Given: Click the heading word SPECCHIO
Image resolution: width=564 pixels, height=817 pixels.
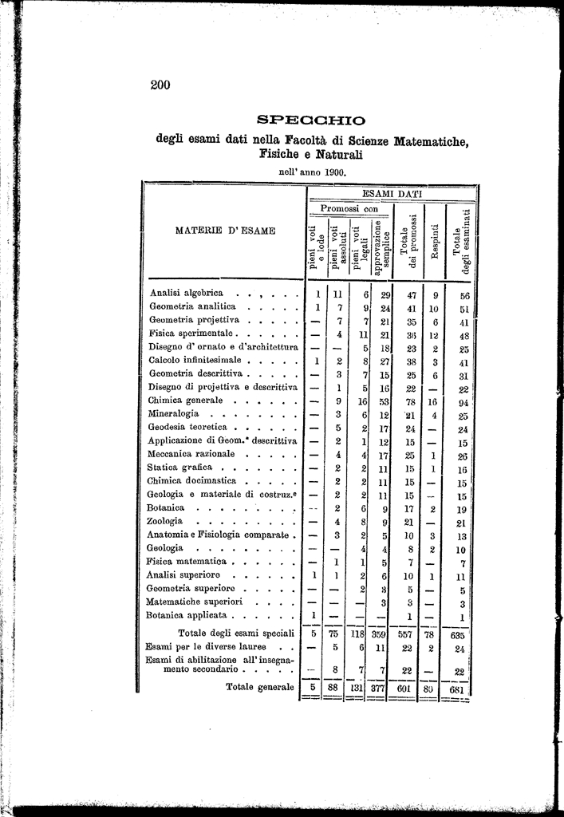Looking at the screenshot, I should (311, 120).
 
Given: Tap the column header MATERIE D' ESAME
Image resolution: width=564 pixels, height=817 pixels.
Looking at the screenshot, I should (225, 231).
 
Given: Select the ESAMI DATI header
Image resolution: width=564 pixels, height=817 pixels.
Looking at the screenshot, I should (392, 193).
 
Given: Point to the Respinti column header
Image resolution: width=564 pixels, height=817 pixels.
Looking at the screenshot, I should (435, 241).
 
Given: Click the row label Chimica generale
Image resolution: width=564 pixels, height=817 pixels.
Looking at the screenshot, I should (187, 401).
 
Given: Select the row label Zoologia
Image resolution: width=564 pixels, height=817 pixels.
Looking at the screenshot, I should (165, 521).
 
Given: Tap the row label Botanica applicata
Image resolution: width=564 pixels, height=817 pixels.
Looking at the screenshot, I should (189, 615).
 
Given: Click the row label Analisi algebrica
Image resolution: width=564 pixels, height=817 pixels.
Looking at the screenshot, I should (187, 293).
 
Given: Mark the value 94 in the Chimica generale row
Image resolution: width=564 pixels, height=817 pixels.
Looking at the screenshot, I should (462, 401).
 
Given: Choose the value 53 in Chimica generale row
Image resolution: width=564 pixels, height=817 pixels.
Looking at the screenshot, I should (385, 401).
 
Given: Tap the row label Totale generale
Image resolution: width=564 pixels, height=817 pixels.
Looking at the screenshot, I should (260, 686).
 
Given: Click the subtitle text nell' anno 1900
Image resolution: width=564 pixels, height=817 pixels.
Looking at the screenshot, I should (311, 171).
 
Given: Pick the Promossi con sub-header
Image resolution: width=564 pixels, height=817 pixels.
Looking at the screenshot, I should (349, 208).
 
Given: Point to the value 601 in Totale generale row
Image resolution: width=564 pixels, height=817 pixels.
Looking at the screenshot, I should (408, 688).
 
